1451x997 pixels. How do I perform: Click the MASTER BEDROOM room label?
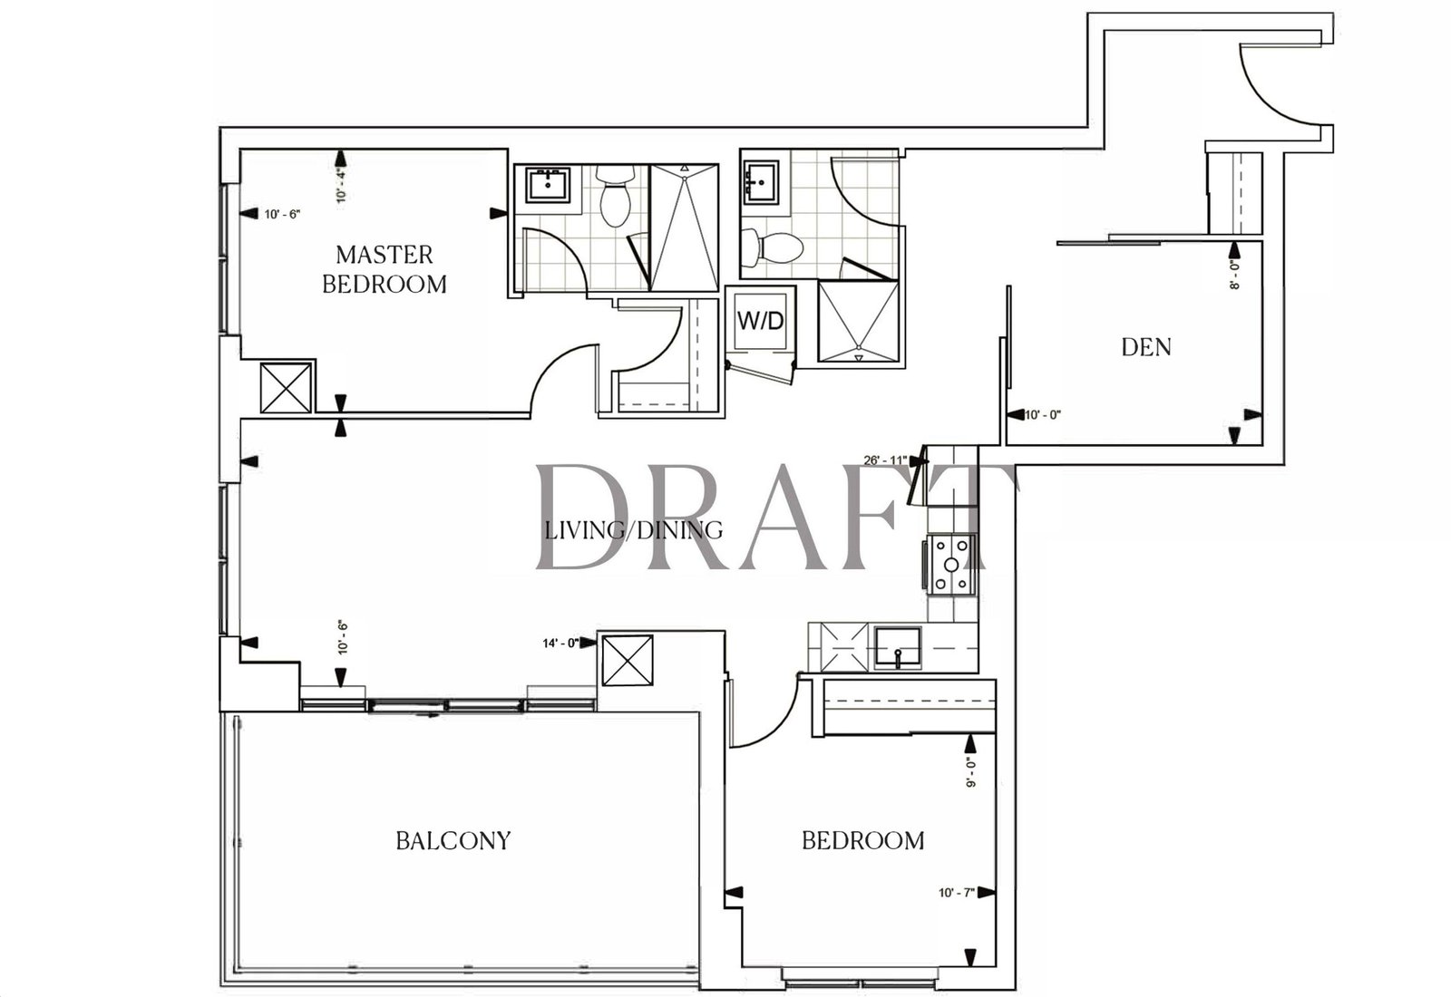(x=385, y=269)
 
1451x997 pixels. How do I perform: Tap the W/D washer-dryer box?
(x=761, y=321)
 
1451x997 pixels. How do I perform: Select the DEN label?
(x=1146, y=348)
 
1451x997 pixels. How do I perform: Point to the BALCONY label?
(x=453, y=841)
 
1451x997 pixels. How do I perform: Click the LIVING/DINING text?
(x=634, y=530)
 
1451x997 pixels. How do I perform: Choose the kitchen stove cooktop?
(x=951, y=565)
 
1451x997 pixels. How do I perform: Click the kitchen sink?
(x=898, y=647)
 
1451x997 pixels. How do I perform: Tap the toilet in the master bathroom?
(x=615, y=195)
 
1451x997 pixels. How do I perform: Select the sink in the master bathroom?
(x=548, y=185)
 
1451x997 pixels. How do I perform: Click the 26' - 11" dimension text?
(x=885, y=460)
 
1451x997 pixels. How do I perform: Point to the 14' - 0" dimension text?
(x=560, y=644)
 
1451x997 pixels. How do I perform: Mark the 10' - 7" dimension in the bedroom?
(x=957, y=893)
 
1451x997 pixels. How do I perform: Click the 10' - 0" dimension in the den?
(x=1043, y=415)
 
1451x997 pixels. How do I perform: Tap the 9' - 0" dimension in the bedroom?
(x=970, y=771)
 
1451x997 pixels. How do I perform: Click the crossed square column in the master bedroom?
(x=286, y=387)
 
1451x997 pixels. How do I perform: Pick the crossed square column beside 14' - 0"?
(x=627, y=661)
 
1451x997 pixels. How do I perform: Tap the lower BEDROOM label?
(x=863, y=841)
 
